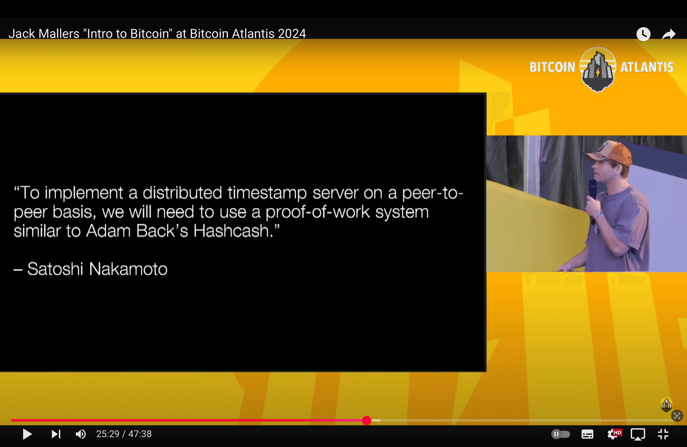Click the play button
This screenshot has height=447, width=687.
27,434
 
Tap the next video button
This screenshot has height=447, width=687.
56,434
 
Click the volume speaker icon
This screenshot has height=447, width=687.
81,434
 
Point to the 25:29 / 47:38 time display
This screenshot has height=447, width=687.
124,434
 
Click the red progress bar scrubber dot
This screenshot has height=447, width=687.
366,421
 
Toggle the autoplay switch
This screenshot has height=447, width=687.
560,434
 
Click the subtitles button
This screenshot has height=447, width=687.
587,434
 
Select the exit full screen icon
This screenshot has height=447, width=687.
663,434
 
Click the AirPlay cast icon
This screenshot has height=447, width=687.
638,434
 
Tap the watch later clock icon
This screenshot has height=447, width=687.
643,34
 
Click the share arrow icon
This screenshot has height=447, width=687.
668,34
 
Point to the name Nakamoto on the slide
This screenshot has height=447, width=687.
128,269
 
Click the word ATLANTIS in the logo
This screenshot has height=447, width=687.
647,67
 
